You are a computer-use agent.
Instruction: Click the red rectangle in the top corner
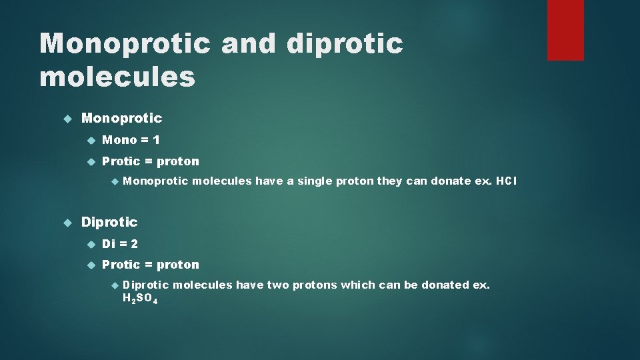(565, 30)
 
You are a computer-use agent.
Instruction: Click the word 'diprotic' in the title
(345, 44)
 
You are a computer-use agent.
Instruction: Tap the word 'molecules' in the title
(117, 77)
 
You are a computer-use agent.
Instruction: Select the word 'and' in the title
(247, 44)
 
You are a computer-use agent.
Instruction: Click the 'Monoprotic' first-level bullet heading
(121, 118)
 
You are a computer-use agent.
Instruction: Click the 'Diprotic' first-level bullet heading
(109, 222)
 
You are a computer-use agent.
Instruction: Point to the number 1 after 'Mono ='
(155, 140)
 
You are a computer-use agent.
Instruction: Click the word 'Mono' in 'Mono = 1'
(119, 140)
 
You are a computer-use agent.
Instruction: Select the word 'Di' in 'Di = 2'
(108, 244)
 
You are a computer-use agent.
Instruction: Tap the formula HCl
(506, 181)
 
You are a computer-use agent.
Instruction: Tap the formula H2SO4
(141, 299)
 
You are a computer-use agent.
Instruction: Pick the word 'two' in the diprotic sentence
(277, 285)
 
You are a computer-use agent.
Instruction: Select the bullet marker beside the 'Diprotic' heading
(67, 222)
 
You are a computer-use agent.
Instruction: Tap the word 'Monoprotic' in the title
(125, 44)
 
